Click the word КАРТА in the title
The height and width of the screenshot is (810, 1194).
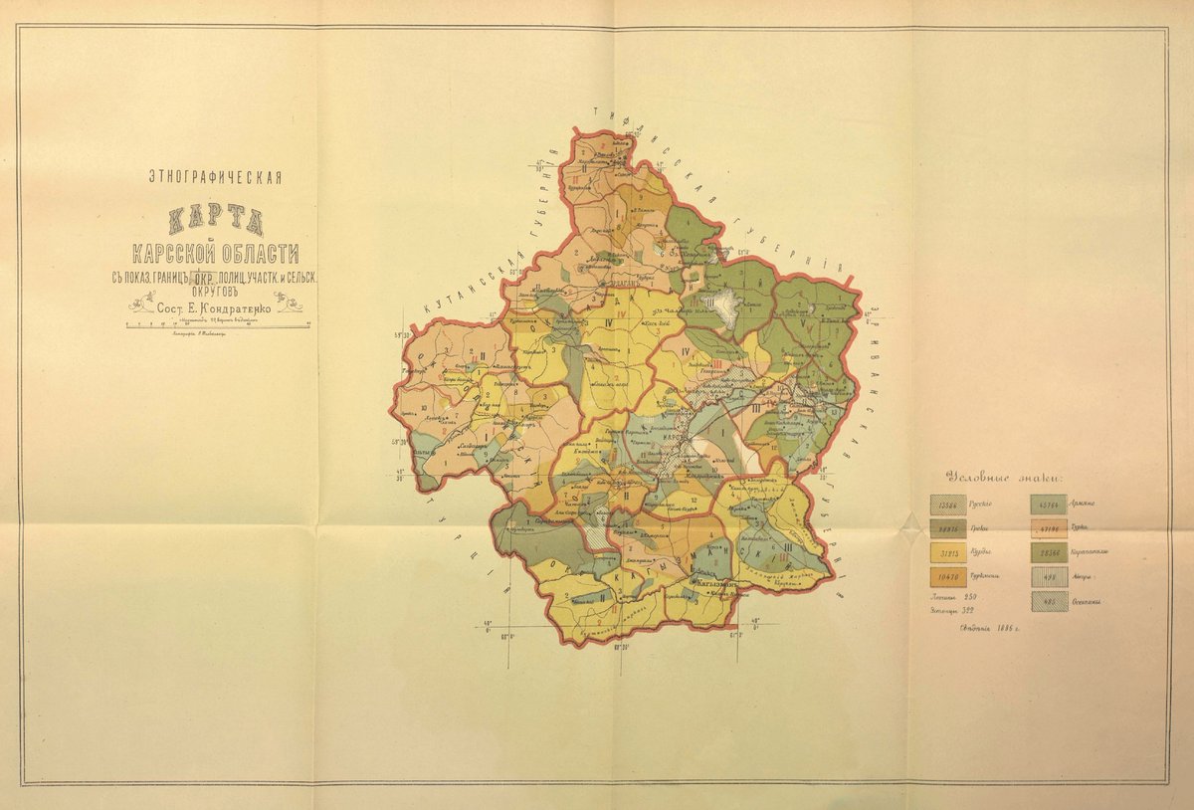coord(215,217)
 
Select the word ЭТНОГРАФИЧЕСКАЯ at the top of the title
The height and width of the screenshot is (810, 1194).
coord(215,178)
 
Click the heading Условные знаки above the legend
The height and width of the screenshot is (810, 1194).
coord(1004,476)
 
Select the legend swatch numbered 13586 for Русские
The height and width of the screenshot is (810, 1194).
coord(947,504)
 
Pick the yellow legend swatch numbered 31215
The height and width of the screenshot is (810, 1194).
coord(947,552)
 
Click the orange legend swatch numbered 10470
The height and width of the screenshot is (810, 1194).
coord(947,577)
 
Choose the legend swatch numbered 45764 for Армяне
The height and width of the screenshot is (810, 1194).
coord(1050,504)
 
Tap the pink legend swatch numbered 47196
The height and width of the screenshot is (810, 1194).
coord(1050,528)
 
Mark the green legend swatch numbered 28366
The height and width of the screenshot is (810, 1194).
coord(1050,552)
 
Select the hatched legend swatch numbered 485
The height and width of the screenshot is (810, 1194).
coord(1050,601)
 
